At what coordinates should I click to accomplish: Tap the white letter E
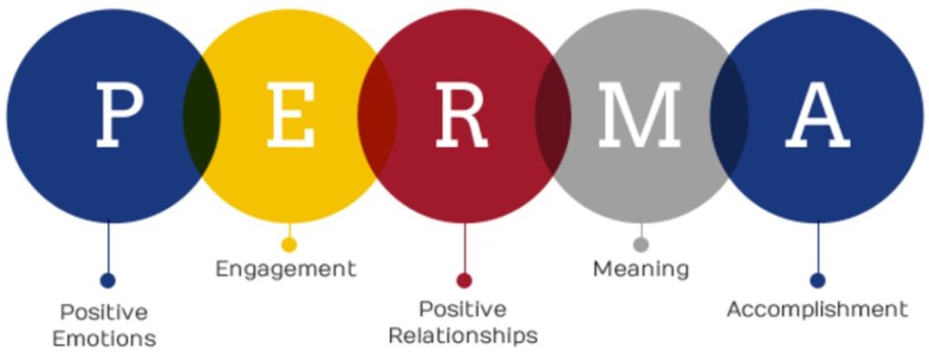(290, 115)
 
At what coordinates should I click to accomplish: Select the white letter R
(462, 115)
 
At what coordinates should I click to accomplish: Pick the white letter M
(640, 115)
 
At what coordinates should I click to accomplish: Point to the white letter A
(817, 115)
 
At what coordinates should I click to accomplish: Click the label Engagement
(286, 269)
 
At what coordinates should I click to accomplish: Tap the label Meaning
(641, 269)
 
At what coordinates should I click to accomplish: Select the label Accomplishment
(817, 310)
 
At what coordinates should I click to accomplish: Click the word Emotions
(104, 339)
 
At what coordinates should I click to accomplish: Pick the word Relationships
(463, 336)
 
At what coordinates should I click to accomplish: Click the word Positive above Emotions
(104, 311)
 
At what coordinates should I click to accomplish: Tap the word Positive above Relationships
(463, 308)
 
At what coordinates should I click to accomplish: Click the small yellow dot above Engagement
(289, 244)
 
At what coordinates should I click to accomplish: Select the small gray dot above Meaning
(641, 244)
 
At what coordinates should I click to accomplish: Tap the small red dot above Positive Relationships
(464, 280)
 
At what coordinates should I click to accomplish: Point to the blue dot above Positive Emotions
(108, 280)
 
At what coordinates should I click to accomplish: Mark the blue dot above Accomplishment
(817, 280)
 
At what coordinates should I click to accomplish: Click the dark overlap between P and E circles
(201, 115)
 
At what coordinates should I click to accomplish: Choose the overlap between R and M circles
(553, 115)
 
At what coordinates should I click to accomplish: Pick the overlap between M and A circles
(729, 115)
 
